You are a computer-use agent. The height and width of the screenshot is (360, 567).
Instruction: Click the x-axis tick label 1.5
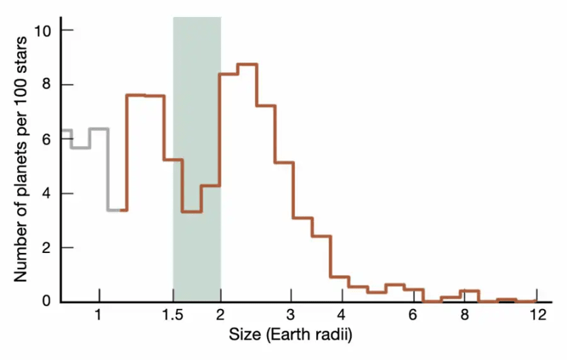pos(173,315)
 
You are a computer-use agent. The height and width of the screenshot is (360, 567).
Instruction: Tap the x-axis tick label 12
pos(537,315)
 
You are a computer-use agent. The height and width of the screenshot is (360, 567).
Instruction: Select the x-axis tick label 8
pos(464,315)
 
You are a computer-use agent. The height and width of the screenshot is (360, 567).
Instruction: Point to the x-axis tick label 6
pos(412,315)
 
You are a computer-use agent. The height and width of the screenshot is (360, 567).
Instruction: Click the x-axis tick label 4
pos(342,315)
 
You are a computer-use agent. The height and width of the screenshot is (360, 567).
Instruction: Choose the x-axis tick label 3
pos(291,315)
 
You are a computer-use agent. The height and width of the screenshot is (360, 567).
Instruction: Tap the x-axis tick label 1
pos(99,315)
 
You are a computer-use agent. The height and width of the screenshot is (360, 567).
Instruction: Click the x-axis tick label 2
pos(220,315)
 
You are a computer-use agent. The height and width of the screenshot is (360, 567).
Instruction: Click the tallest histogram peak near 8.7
pos(247,64)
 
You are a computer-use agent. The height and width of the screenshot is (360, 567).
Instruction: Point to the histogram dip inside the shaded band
pos(191,211)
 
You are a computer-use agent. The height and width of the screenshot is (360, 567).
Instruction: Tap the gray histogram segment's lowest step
pos(115,210)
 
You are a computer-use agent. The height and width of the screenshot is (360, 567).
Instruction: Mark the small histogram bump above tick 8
pos(469,291)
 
